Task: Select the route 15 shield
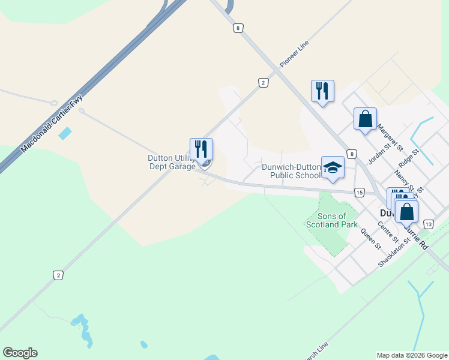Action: pyautogui.click(x=359, y=192)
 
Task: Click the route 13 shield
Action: pyautogui.click(x=428, y=224)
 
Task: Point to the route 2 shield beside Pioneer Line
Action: pyautogui.click(x=263, y=83)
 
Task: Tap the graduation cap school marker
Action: pyautogui.click(x=333, y=168)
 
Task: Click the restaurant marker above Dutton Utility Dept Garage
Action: pyautogui.click(x=202, y=149)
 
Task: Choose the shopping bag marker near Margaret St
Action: pyautogui.click(x=365, y=118)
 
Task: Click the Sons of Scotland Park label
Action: pyautogui.click(x=327, y=220)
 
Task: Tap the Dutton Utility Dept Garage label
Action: pyautogui.click(x=172, y=162)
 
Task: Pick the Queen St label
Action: pyautogui.click(x=370, y=238)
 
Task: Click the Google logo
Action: pyautogui.click(x=20, y=353)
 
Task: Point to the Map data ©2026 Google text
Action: pyautogui.click(x=412, y=355)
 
